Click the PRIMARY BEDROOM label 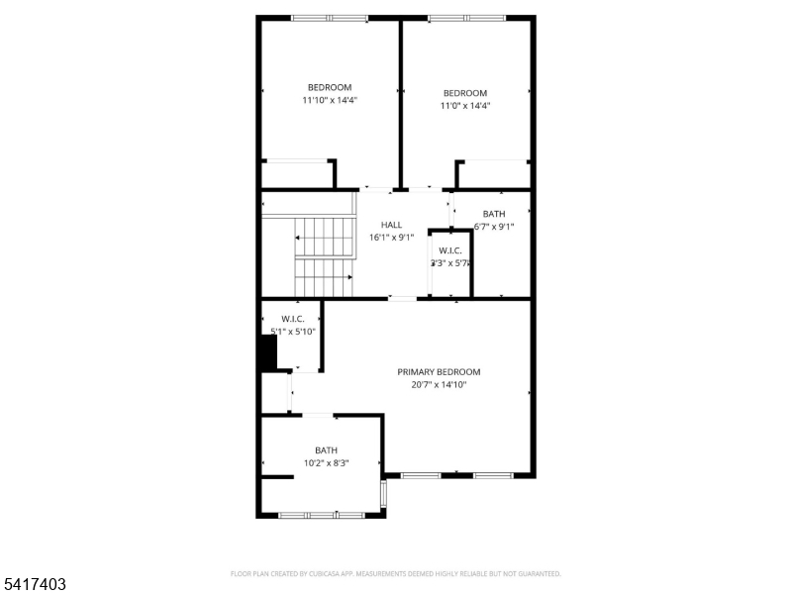tap(439, 372)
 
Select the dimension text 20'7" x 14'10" tap(439, 385)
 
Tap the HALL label tap(391, 226)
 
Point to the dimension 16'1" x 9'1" tap(391, 238)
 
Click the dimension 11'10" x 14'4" tap(330, 100)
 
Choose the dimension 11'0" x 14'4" tap(465, 106)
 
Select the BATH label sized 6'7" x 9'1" tap(493, 214)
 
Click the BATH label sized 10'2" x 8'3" tap(326, 450)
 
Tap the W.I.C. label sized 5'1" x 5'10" tap(292, 319)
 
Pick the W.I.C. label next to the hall tap(450, 250)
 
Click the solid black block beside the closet tap(267, 353)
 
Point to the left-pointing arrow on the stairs tap(298, 238)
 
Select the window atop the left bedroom tap(330, 18)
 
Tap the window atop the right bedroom tap(466, 18)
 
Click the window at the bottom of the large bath tap(322, 515)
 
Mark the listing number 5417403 tap(35, 585)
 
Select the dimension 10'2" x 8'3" tap(326, 463)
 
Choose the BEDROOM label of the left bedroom tap(330, 87)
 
